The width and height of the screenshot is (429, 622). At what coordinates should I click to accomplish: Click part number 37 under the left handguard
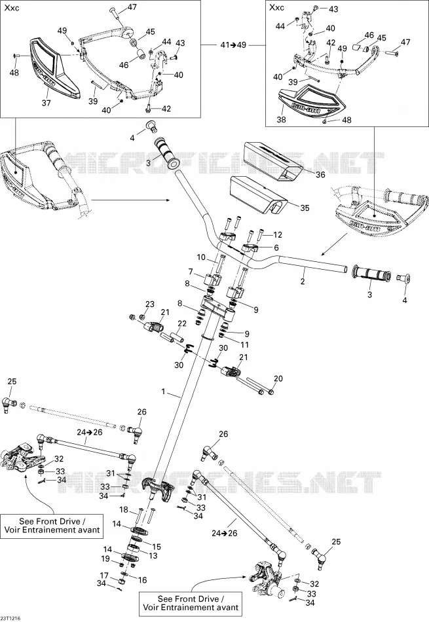point(47,103)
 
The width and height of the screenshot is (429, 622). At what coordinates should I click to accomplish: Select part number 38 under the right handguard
point(281,119)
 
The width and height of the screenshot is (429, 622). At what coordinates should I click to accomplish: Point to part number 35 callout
point(305,208)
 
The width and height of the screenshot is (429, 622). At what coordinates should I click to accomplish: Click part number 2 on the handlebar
point(303,282)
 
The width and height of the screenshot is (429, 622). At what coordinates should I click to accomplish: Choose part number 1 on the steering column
point(163,392)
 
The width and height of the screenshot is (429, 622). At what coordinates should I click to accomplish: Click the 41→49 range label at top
point(233,45)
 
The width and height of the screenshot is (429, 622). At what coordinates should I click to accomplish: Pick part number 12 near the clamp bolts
point(278,235)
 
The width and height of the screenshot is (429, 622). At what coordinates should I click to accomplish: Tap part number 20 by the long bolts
point(278,378)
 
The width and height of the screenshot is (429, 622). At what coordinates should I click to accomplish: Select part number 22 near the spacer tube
point(182,323)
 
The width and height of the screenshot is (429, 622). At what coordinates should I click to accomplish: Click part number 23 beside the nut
point(149,304)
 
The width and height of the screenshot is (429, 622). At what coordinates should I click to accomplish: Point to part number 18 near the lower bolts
point(124,510)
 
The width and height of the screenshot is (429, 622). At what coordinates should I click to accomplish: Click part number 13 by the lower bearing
point(153,556)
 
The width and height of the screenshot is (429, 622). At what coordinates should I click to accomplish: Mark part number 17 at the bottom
point(104,576)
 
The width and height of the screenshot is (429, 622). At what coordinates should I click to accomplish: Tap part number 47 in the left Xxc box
point(132,7)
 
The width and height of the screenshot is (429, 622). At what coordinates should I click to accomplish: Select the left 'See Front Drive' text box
point(52,526)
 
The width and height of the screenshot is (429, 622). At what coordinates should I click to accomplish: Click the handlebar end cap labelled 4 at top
point(151,126)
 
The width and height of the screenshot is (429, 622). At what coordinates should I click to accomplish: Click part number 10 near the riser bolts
point(201,257)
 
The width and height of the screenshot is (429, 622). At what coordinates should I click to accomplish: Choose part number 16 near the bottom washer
point(143,580)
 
